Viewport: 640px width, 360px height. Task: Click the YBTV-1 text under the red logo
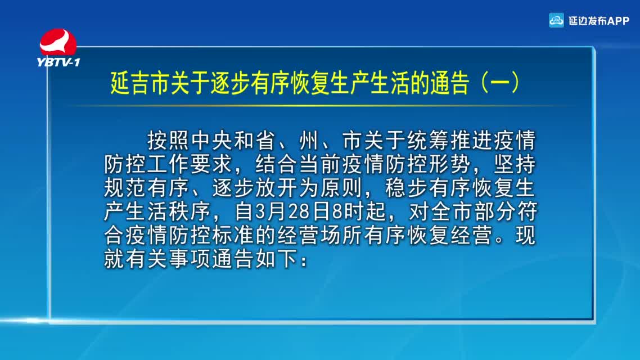(58, 62)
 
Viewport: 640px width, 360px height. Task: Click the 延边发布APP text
(599, 21)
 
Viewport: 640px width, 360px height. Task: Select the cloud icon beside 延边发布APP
(556, 20)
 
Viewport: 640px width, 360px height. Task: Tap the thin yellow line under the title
(322, 106)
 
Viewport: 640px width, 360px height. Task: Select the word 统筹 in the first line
(428, 141)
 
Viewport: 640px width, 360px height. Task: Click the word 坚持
(515, 164)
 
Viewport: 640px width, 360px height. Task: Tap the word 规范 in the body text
(125, 188)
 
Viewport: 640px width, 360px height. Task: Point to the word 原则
(341, 188)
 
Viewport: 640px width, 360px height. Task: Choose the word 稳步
(406, 188)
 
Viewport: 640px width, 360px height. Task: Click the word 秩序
(190, 212)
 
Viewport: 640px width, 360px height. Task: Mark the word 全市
(450, 212)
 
